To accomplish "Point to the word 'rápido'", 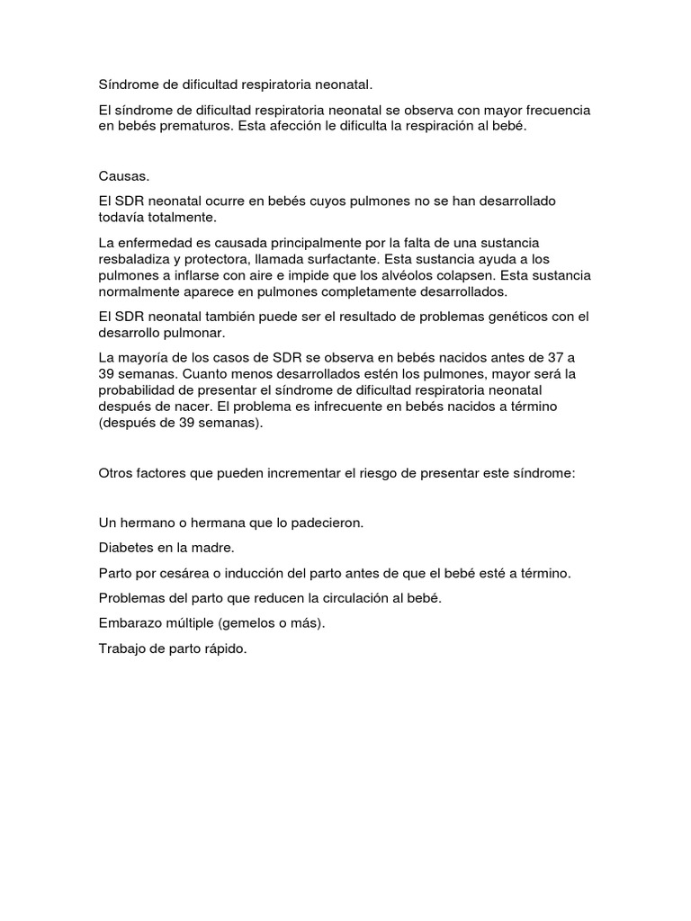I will [x=225, y=648].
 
